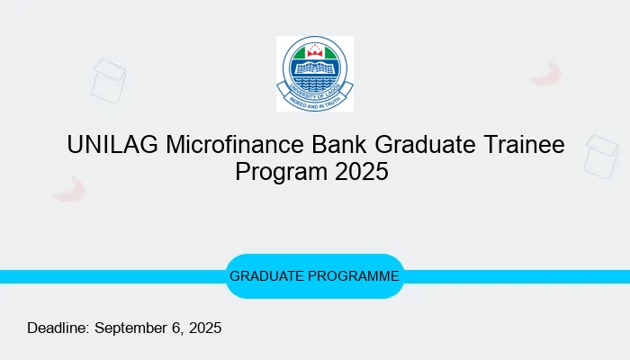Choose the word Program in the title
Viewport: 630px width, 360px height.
click(x=280, y=171)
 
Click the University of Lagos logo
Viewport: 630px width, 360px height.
click(x=314, y=74)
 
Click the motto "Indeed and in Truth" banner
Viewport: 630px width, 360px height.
click(x=314, y=101)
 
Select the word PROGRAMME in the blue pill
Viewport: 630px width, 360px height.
click(x=356, y=276)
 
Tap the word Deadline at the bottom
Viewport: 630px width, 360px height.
click(x=58, y=328)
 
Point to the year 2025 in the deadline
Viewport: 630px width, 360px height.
click(x=203, y=328)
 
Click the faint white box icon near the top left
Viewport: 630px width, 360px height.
click(x=109, y=78)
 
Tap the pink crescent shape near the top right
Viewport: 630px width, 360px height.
click(x=546, y=74)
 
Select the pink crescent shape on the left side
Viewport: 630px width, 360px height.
click(x=68, y=189)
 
